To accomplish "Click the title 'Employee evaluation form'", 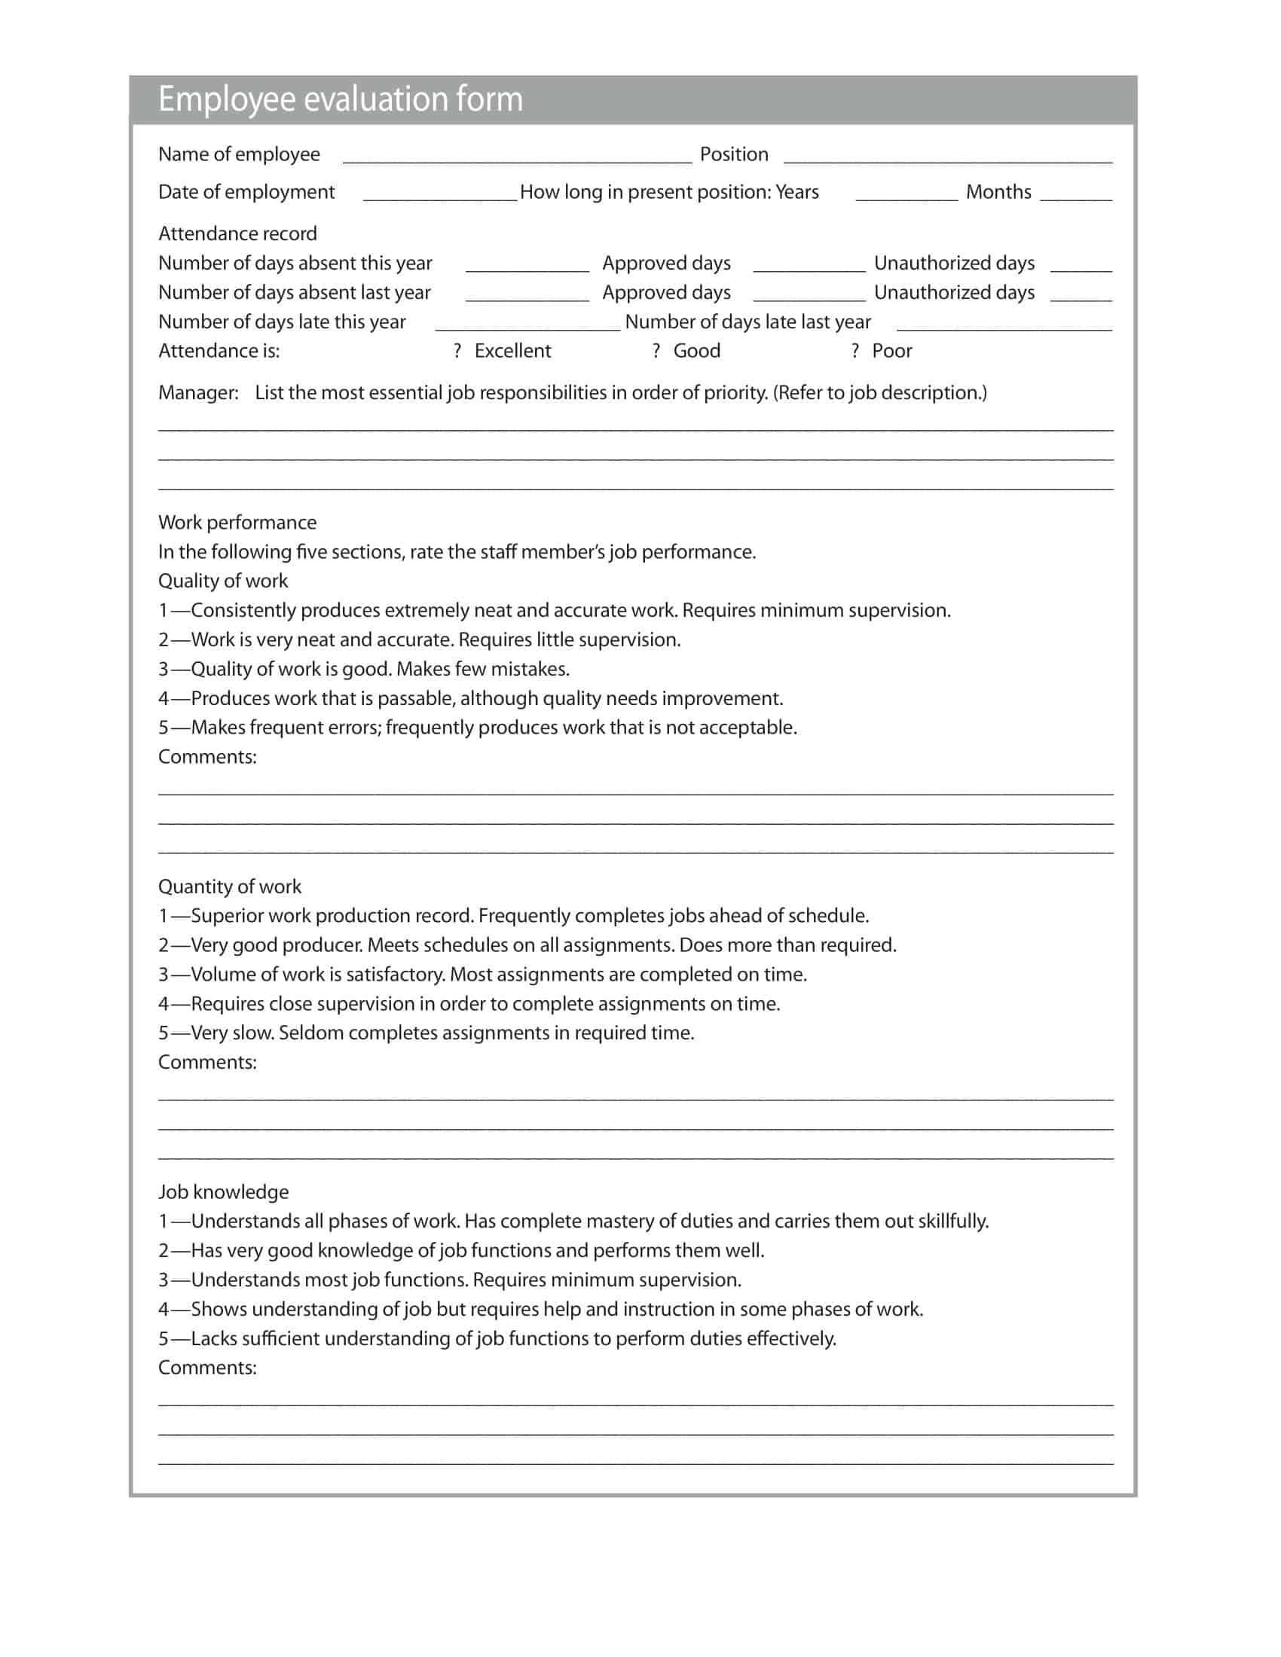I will click(x=340, y=99).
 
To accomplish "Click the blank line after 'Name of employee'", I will click(x=517, y=157).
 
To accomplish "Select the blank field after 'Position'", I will click(x=947, y=157).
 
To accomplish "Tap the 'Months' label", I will click(x=998, y=192).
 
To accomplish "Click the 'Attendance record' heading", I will click(x=237, y=233).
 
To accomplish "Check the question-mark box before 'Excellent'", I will click(x=457, y=351).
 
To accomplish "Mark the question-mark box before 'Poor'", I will click(x=855, y=351).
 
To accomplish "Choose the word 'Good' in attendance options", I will click(x=697, y=351).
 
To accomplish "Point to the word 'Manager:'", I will click(x=198, y=393).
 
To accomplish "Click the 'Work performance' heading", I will click(x=237, y=523).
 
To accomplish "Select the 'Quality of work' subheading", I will click(x=223, y=581).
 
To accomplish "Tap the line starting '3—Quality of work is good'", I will click(x=363, y=669).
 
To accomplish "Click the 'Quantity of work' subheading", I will click(x=229, y=887).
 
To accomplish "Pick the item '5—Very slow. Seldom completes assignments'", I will click(x=426, y=1033).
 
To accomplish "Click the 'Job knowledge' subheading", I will click(x=223, y=1192).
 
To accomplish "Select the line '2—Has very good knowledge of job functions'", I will click(x=460, y=1250).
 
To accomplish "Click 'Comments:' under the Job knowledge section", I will click(x=207, y=1367).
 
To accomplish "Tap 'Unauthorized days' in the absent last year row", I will click(x=954, y=293).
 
